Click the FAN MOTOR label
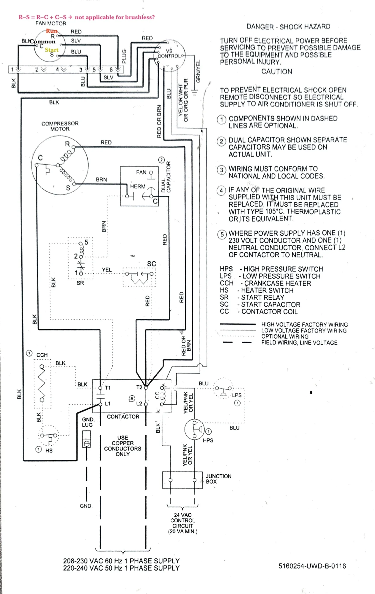(51, 23)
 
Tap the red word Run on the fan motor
(52, 31)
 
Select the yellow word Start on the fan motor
(52, 50)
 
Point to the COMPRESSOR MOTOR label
(60, 126)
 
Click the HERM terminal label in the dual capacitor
(138, 186)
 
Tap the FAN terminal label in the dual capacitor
(141, 172)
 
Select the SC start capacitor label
(151, 264)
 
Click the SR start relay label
(80, 283)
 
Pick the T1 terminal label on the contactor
(108, 388)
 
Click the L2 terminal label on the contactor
(139, 404)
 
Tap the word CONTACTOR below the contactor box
(123, 416)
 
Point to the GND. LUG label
(88, 422)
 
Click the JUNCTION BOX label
(218, 479)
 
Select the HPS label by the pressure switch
(208, 440)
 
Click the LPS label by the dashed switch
(237, 395)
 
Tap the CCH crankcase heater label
(42, 355)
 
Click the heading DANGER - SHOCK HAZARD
(288, 27)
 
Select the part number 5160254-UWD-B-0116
(312, 566)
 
